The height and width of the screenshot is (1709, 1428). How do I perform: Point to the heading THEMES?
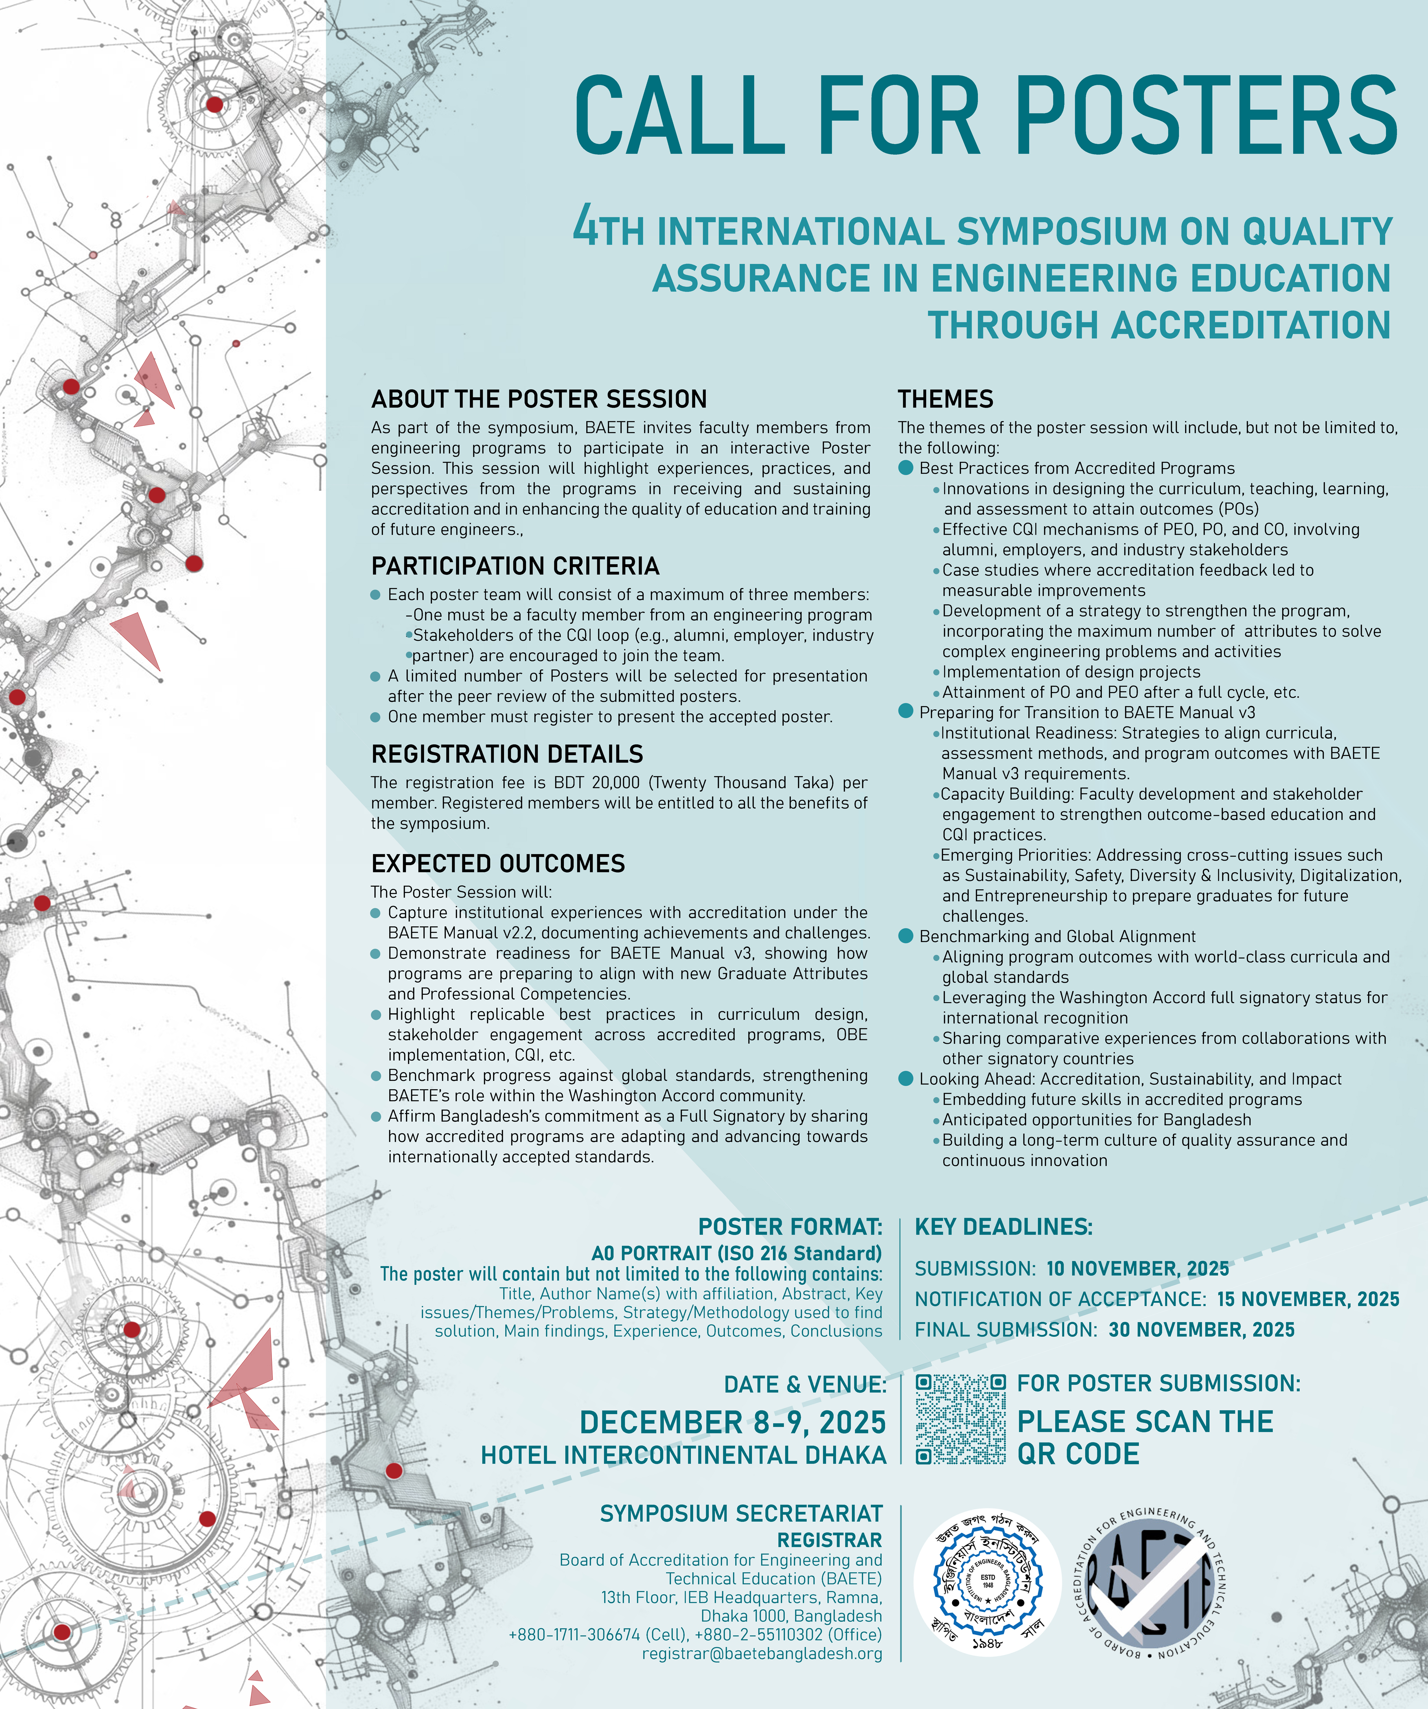(x=946, y=399)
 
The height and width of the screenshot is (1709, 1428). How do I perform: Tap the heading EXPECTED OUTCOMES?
(x=498, y=863)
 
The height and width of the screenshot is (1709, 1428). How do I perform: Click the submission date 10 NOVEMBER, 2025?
(x=1137, y=1269)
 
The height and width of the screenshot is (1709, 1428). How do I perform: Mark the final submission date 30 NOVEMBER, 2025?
(x=1201, y=1330)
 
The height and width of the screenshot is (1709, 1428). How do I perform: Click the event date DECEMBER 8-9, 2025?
(x=732, y=1422)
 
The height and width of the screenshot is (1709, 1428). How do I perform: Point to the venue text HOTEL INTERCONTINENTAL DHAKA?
(x=683, y=1455)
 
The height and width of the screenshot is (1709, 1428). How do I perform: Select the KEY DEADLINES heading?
(x=1003, y=1227)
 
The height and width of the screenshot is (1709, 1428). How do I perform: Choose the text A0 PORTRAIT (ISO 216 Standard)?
(x=736, y=1253)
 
